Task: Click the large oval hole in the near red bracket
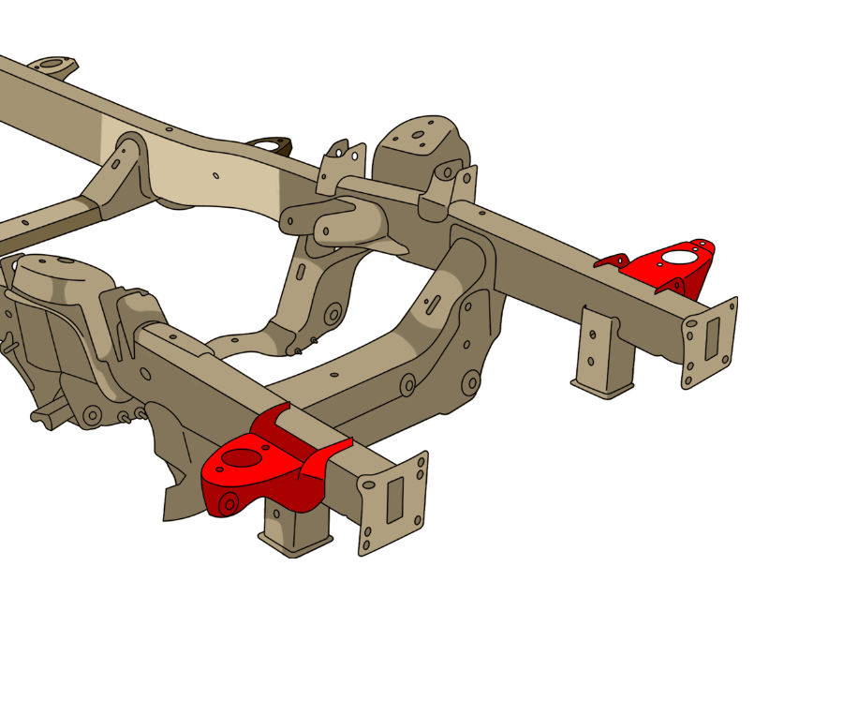(x=242, y=458)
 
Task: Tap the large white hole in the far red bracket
(x=679, y=257)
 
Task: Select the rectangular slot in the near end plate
(x=395, y=499)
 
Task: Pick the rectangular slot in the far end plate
(x=712, y=338)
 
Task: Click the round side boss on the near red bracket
(x=229, y=504)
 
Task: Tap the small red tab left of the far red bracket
(x=614, y=261)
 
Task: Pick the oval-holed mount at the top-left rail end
(x=51, y=65)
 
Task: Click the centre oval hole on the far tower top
(x=418, y=135)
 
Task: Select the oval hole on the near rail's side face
(x=145, y=374)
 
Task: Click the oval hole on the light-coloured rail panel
(x=216, y=175)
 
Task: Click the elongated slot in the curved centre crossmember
(x=434, y=303)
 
